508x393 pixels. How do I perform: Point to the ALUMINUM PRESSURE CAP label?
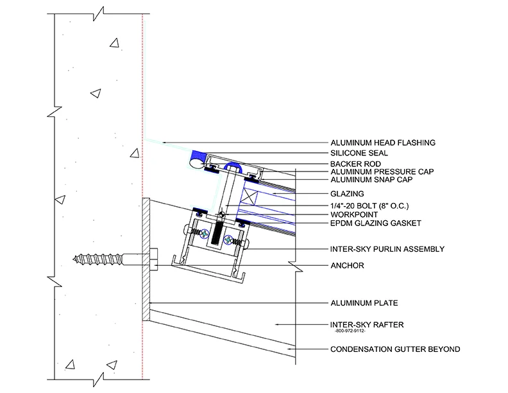[381, 172]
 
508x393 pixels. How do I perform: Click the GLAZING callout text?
[347, 193]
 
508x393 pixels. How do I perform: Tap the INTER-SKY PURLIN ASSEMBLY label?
[386, 248]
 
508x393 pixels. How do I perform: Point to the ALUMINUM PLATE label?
[361, 301]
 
